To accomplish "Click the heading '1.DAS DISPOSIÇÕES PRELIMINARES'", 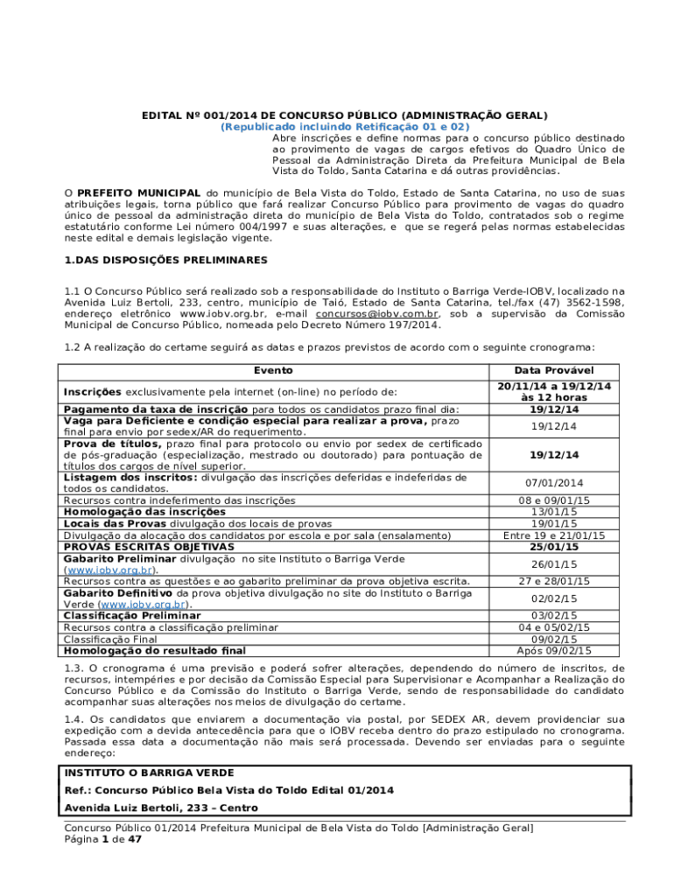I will (166, 261).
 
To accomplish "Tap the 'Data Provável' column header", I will (553, 371).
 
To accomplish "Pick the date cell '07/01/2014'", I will (553, 483).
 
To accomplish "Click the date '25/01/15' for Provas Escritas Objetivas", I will (553, 547).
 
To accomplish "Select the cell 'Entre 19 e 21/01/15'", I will (553, 535).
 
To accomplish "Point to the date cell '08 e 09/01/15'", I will (553, 500).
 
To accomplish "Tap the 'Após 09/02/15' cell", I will (553, 650).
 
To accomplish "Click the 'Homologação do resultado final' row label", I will (154, 650).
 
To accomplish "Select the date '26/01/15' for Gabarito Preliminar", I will (553, 564).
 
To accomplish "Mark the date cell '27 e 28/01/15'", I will (553, 581).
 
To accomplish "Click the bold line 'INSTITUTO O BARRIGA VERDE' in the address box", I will (148, 773).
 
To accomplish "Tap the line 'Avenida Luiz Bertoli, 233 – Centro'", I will (159, 808).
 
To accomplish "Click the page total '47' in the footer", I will (135, 839).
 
